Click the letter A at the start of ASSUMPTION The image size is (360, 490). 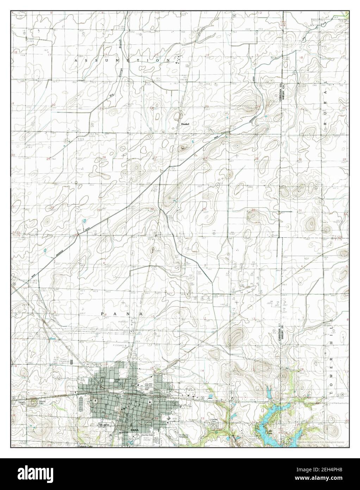point(76,61)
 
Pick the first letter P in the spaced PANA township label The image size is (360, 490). point(103,313)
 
